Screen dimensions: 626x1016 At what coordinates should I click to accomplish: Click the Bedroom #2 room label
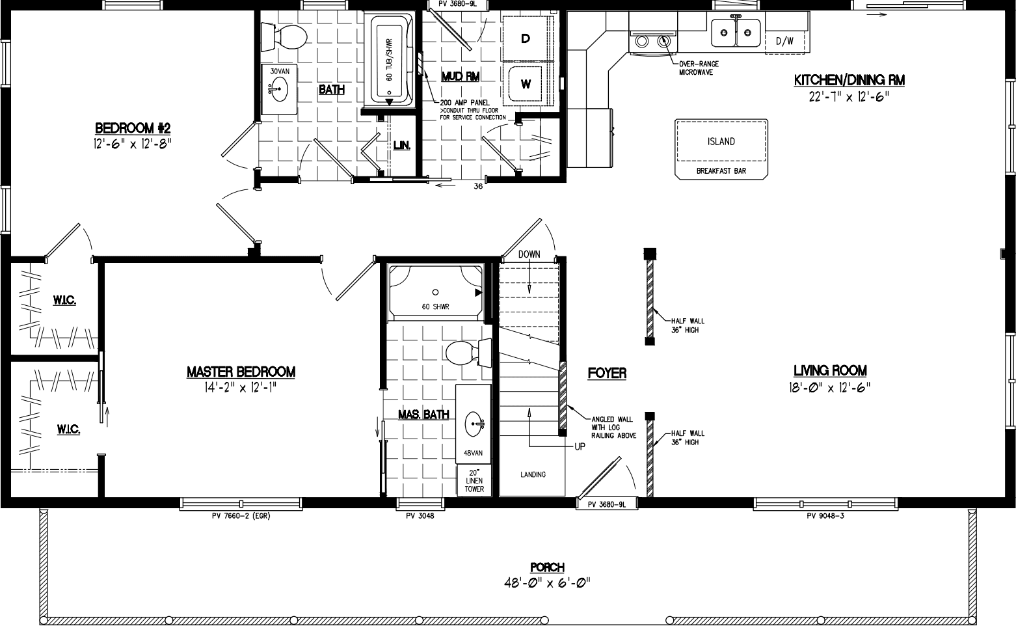pyautogui.click(x=133, y=127)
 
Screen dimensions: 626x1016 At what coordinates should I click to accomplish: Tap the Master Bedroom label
pyautogui.click(x=241, y=372)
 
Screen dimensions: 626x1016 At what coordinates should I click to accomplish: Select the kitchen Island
pyautogui.click(x=721, y=142)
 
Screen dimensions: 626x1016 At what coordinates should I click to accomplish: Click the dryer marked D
pyautogui.click(x=526, y=39)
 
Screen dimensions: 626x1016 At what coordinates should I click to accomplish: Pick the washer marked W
pyautogui.click(x=526, y=84)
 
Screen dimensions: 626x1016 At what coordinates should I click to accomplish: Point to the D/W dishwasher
pyautogui.click(x=785, y=41)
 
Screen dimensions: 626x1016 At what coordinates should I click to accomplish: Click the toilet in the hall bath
pyautogui.click(x=284, y=38)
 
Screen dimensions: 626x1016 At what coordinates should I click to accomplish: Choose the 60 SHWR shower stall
pyautogui.click(x=435, y=293)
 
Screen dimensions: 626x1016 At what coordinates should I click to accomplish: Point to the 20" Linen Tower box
pyautogui.click(x=474, y=481)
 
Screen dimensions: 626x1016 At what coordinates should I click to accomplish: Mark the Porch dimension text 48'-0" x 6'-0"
pyautogui.click(x=546, y=582)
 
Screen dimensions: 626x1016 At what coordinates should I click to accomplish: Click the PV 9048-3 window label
pyautogui.click(x=825, y=516)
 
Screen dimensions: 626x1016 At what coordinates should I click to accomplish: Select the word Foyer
pyautogui.click(x=607, y=373)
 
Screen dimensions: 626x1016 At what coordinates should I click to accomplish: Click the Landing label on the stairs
pyautogui.click(x=533, y=474)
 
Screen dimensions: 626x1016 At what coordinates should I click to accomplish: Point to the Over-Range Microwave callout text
pyautogui.click(x=696, y=68)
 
